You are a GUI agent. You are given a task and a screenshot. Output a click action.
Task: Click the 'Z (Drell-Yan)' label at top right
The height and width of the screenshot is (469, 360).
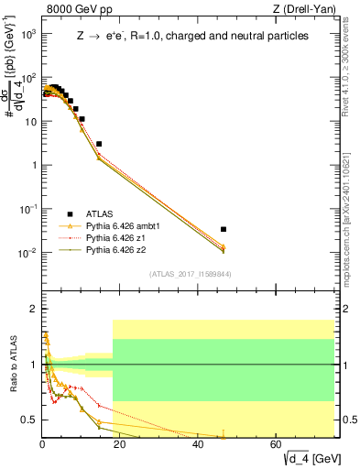click(311, 10)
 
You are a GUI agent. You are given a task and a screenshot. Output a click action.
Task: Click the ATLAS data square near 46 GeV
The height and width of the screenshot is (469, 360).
click(224, 229)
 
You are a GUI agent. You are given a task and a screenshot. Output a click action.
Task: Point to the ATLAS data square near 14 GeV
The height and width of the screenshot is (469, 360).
click(99, 144)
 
